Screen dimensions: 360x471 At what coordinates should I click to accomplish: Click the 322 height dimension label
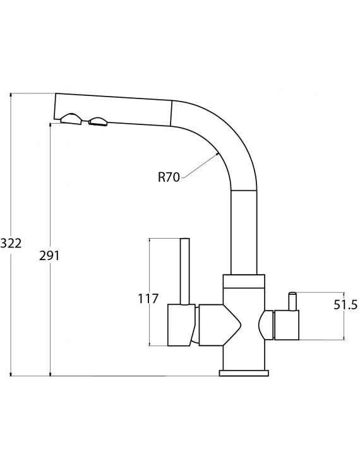pyautogui.click(x=11, y=243)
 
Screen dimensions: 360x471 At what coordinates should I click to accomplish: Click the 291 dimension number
pyautogui.click(x=50, y=256)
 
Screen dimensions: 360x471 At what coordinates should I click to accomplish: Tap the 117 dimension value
pyautogui.click(x=148, y=299)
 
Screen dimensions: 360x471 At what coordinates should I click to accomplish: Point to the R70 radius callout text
pyautogui.click(x=169, y=177)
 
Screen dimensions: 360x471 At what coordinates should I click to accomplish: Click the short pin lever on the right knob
pyautogui.click(x=292, y=301)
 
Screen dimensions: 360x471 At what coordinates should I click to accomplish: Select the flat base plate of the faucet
pyautogui.click(x=244, y=373)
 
